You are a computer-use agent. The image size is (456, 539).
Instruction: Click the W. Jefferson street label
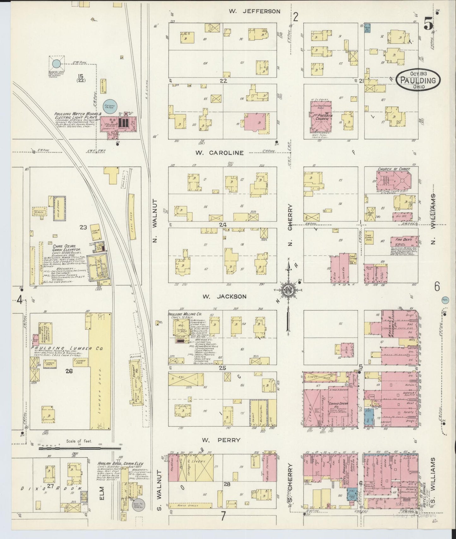(x=254, y=11)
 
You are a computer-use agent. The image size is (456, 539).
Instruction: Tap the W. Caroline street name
(x=219, y=153)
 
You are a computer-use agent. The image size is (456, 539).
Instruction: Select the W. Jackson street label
(x=224, y=297)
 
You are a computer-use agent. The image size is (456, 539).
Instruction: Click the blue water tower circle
(x=56, y=64)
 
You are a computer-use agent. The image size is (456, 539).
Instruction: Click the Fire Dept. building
(x=404, y=242)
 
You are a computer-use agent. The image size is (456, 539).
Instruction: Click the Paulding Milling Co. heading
(x=185, y=314)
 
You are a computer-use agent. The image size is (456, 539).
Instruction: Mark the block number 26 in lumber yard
(x=69, y=371)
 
